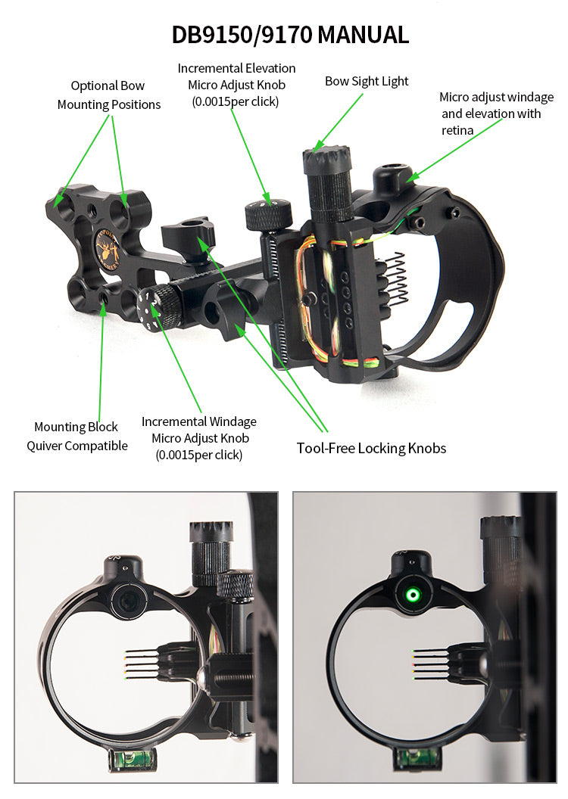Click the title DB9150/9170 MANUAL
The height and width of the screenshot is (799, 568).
coord(290,34)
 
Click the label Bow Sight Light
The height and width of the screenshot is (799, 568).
coord(367,81)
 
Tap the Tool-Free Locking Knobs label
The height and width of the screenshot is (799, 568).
coord(371,449)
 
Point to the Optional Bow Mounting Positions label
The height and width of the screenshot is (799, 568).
coord(108,95)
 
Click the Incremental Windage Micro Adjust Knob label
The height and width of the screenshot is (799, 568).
coord(198,438)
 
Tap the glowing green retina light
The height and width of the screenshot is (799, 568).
coord(413,595)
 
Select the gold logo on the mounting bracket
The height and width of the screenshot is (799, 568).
coord(106,249)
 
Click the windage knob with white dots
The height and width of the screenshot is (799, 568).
coord(161,309)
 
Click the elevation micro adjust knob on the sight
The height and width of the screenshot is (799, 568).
coord(267,215)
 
